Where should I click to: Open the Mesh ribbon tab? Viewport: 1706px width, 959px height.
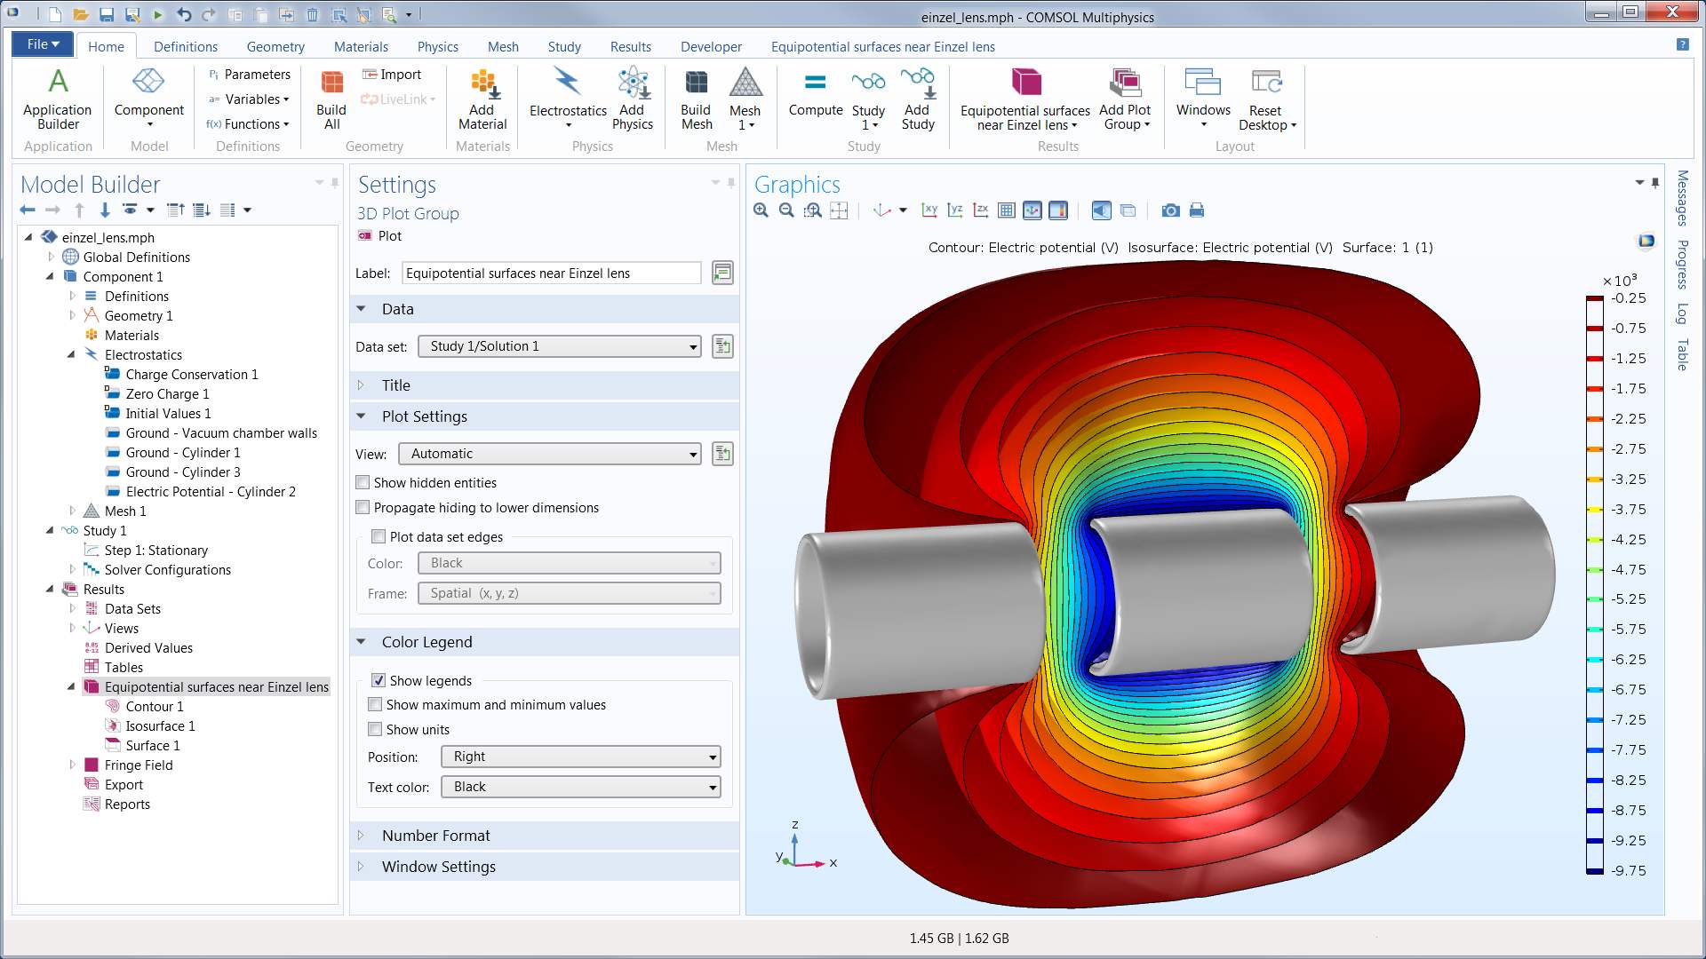(x=503, y=46)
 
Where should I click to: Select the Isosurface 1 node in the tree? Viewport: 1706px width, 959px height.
(x=160, y=725)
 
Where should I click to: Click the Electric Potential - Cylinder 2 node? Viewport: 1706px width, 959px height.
(x=211, y=491)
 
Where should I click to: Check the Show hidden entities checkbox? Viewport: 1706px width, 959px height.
(x=363, y=482)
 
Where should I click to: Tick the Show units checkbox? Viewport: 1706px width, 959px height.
(x=376, y=729)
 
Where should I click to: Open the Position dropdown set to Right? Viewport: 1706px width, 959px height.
(x=580, y=757)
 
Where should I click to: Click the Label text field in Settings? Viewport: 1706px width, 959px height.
(x=551, y=273)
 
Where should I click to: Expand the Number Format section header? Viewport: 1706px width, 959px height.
(x=435, y=836)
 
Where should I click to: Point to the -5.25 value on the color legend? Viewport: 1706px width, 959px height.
(x=1629, y=599)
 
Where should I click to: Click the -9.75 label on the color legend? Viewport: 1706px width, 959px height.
(x=1629, y=871)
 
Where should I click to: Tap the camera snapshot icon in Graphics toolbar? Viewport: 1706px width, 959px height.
(x=1171, y=210)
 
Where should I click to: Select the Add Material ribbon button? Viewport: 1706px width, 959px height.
(x=482, y=99)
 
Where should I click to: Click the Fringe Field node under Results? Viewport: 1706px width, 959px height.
(x=139, y=765)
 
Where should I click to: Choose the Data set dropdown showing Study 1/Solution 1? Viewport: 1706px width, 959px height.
(x=559, y=346)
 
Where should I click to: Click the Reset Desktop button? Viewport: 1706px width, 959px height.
(x=1266, y=99)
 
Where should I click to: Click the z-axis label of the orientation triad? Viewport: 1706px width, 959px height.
(x=795, y=824)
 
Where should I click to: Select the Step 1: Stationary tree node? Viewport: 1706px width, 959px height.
(x=155, y=550)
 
